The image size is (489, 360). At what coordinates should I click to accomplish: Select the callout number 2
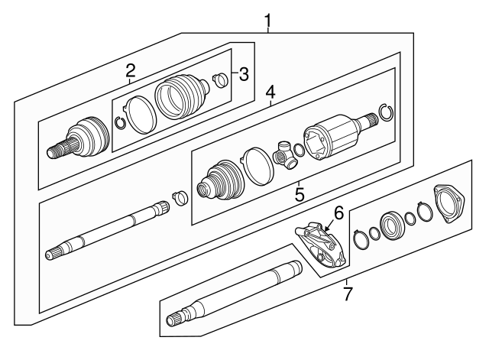[x=131, y=71]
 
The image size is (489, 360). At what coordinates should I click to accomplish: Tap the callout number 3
[x=243, y=74]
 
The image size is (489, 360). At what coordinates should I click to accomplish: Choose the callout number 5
[x=300, y=194]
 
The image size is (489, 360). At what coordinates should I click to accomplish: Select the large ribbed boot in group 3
[x=180, y=99]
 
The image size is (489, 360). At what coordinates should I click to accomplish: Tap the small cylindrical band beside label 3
[x=221, y=81]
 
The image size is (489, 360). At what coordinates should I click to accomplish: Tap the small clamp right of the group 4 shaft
[x=181, y=197]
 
